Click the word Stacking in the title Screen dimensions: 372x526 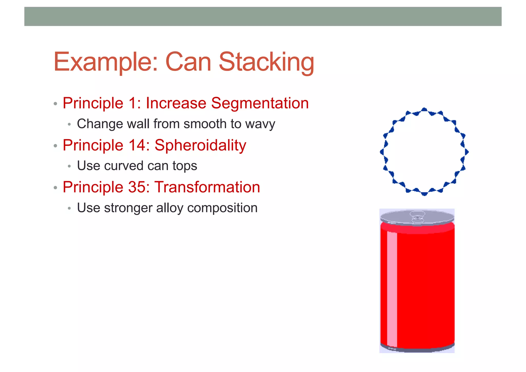coord(266,62)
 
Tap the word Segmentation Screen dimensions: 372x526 coord(260,103)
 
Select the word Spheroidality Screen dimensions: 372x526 coord(200,145)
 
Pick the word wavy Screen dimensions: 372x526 coord(260,124)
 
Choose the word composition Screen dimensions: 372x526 coord(222,208)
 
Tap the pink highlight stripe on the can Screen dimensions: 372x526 coord(392,288)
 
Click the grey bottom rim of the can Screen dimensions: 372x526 coord(417,349)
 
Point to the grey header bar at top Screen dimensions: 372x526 coord(263,16)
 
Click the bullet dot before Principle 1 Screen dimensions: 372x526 coord(55,104)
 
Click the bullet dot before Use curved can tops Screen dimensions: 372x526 coord(69,166)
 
